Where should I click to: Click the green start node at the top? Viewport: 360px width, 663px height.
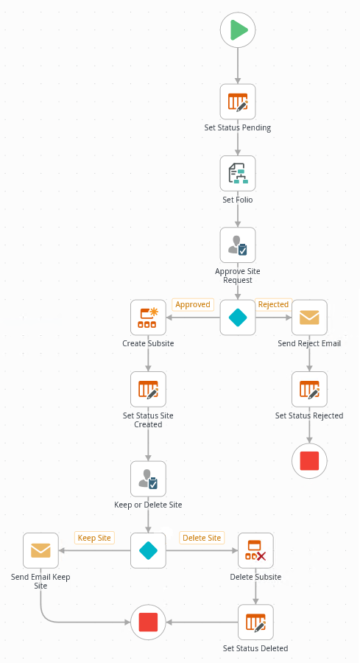[x=238, y=30]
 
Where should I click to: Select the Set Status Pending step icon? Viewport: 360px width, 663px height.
[x=238, y=102]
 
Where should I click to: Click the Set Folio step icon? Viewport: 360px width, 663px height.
[x=238, y=173]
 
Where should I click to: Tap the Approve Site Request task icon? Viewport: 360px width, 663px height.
[x=238, y=245]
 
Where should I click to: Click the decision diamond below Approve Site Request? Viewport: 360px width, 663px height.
[x=238, y=318]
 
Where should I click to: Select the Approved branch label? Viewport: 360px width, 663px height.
[x=193, y=304]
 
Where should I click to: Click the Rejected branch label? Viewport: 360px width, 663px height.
[x=273, y=304]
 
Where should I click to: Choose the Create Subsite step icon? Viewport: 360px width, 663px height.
[x=148, y=318]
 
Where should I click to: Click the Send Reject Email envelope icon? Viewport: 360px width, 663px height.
[x=309, y=318]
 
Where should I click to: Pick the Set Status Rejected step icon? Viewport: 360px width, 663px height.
[x=309, y=389]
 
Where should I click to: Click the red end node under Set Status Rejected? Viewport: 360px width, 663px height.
[x=309, y=461]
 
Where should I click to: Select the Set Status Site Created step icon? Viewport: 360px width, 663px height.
[x=148, y=389]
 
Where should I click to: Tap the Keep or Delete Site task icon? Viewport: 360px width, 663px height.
[x=148, y=479]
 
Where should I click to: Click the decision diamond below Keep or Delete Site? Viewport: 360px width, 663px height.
[x=148, y=550]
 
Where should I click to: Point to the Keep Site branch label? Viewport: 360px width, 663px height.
[x=94, y=538]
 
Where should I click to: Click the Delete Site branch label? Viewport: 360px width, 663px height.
[x=202, y=538]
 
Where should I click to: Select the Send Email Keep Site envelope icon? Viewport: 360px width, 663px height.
[x=40, y=550]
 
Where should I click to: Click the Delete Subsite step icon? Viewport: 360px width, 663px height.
[x=255, y=550]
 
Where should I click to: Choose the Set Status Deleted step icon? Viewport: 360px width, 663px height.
[x=255, y=622]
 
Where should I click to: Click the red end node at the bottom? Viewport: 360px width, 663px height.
[x=148, y=622]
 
